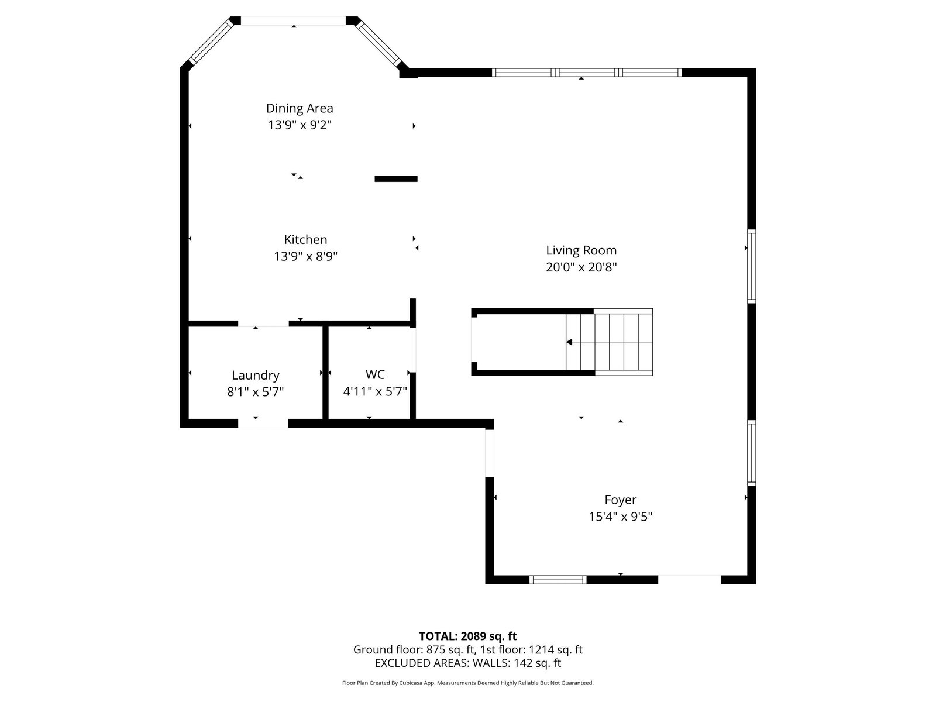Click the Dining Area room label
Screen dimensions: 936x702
(x=300, y=108)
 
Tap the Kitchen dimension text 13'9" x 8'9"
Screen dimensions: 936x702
(x=305, y=256)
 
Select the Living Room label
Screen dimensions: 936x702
(x=581, y=250)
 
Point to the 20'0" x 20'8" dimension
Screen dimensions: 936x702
(x=581, y=267)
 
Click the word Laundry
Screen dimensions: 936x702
(x=256, y=376)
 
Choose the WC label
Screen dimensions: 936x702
(x=375, y=374)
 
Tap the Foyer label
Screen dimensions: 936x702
(x=621, y=500)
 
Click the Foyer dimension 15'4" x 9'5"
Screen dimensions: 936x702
(x=621, y=517)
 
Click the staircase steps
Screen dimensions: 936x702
(x=609, y=342)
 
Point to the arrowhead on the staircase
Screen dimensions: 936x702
(x=569, y=342)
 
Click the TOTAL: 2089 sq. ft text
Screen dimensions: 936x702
(x=467, y=636)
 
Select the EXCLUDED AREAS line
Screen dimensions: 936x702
(x=468, y=663)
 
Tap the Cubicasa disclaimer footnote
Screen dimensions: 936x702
(x=468, y=683)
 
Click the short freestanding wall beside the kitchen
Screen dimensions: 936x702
(x=395, y=179)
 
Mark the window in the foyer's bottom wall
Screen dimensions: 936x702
(x=558, y=580)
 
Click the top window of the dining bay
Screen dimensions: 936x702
(x=294, y=20)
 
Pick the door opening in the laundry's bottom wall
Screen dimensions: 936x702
(x=263, y=423)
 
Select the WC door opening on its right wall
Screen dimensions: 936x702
(x=413, y=349)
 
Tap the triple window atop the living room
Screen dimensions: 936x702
(x=587, y=73)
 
